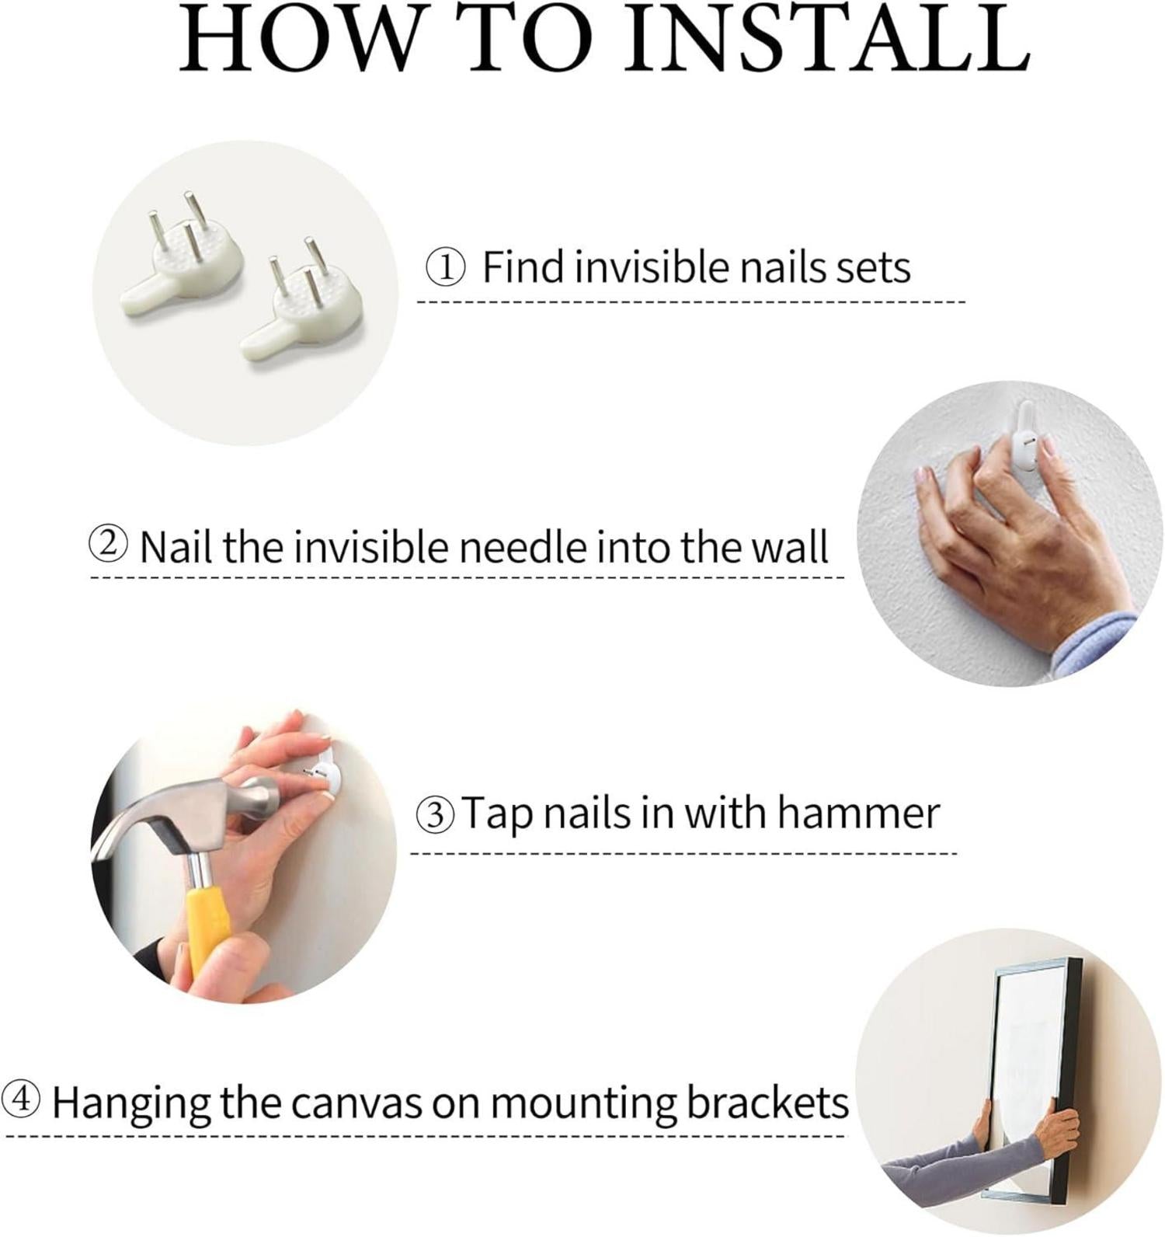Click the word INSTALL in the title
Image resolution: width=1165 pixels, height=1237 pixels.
[x=829, y=39]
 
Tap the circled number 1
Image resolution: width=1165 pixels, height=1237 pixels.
[x=446, y=268]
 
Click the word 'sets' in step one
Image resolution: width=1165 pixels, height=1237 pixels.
[x=872, y=269]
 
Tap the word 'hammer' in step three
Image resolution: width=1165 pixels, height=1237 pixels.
[x=858, y=814]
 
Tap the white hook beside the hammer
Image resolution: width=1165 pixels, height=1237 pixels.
[x=322, y=772]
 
